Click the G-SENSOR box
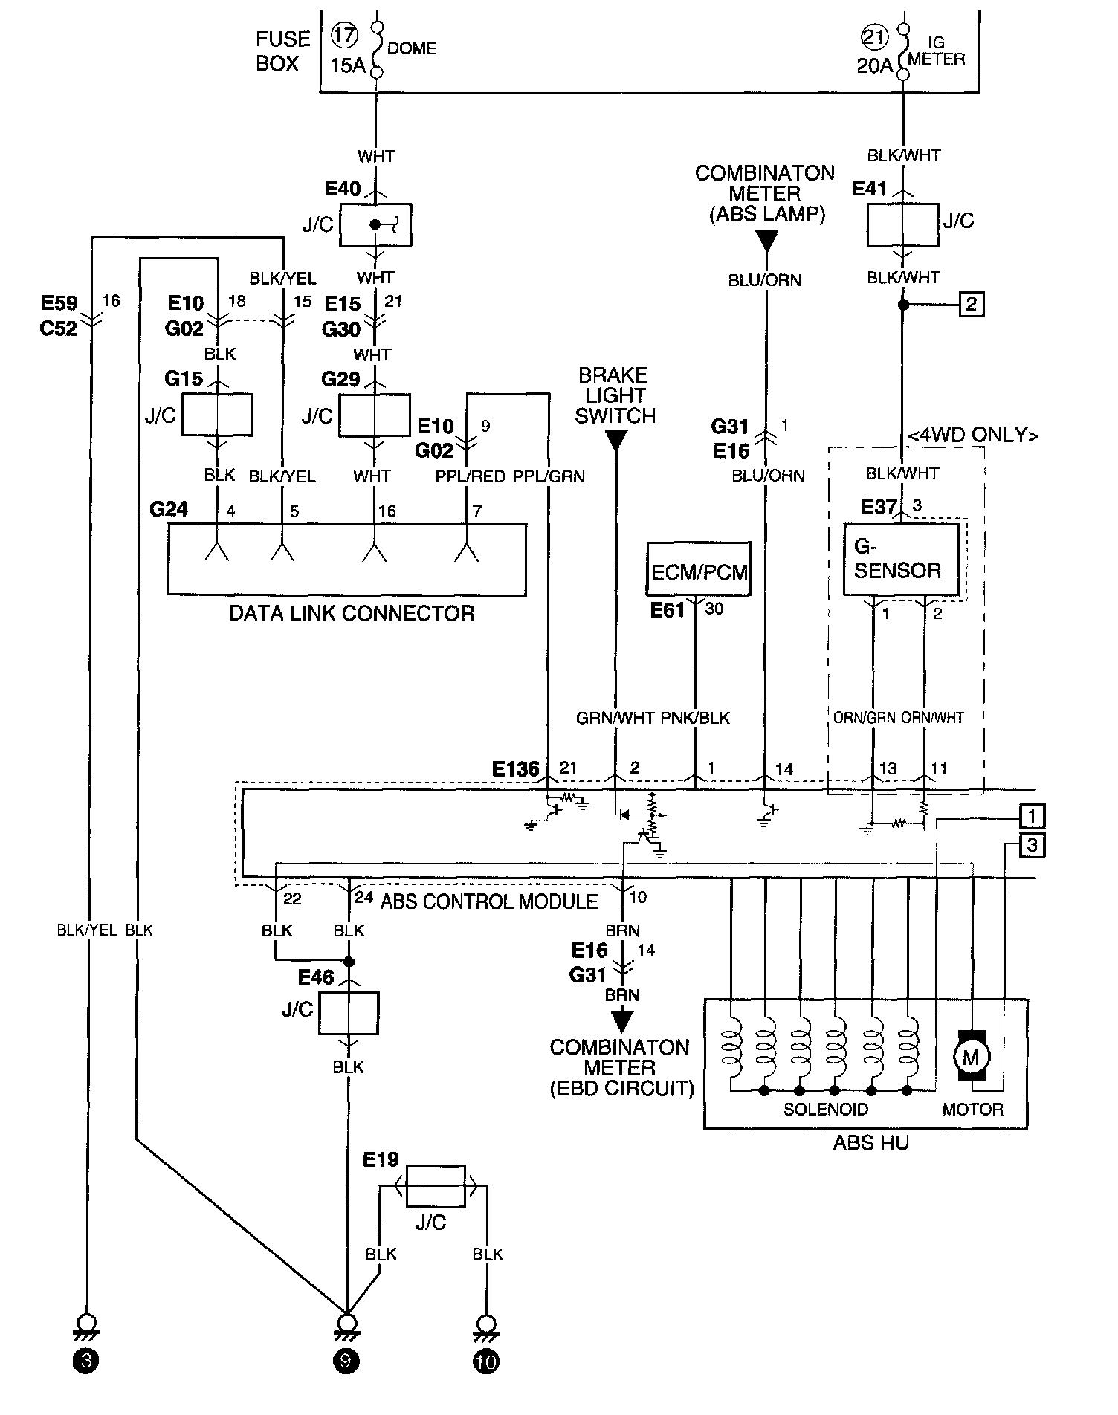click(x=901, y=560)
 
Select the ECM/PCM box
click(x=699, y=569)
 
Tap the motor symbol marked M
click(x=972, y=1056)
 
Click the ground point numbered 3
click(x=86, y=1361)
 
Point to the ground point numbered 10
click(x=486, y=1361)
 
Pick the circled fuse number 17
click(x=345, y=36)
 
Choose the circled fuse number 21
click(x=874, y=36)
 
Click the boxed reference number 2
click(x=972, y=304)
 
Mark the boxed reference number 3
click(x=1033, y=845)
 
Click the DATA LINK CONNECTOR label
click(x=352, y=613)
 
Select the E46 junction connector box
click(x=349, y=1013)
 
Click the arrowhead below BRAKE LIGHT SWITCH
click(x=615, y=441)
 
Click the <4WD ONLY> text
click(x=973, y=435)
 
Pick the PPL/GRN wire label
click(x=549, y=476)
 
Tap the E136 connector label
click(x=516, y=768)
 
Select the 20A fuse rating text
click(x=874, y=65)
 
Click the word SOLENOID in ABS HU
click(x=826, y=1110)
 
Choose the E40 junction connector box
click(x=375, y=224)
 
